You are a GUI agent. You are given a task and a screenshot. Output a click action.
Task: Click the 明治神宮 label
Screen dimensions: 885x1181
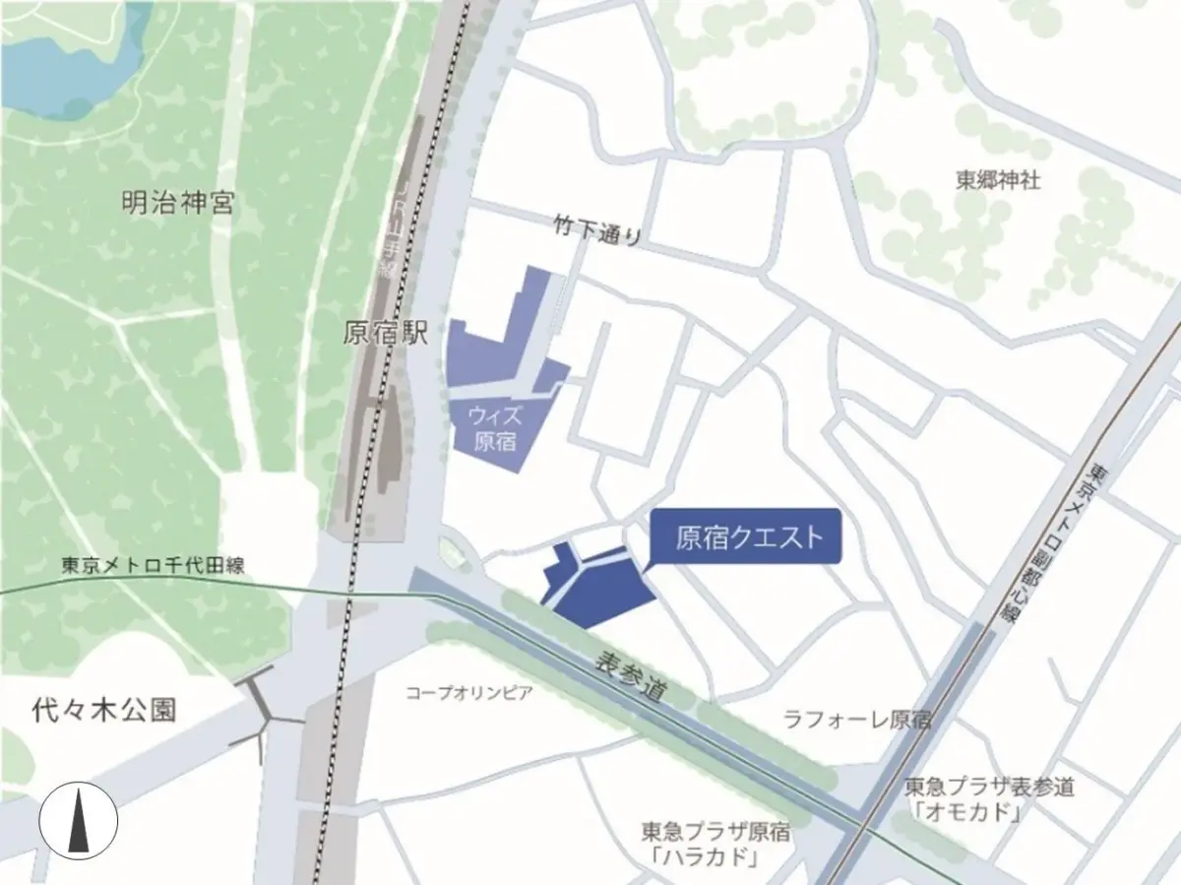(178, 205)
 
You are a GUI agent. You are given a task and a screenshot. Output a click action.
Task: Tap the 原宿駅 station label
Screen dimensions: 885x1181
(386, 334)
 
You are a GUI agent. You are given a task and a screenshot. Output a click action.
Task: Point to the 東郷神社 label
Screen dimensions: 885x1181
(998, 180)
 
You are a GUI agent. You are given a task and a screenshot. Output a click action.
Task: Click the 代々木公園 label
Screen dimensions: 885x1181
(103, 710)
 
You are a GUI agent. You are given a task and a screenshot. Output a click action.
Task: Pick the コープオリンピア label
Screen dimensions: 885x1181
(469, 692)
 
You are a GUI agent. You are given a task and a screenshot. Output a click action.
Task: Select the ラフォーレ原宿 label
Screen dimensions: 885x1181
(856, 719)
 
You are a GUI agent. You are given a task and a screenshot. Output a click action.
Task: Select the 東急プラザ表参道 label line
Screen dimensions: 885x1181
(989, 787)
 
